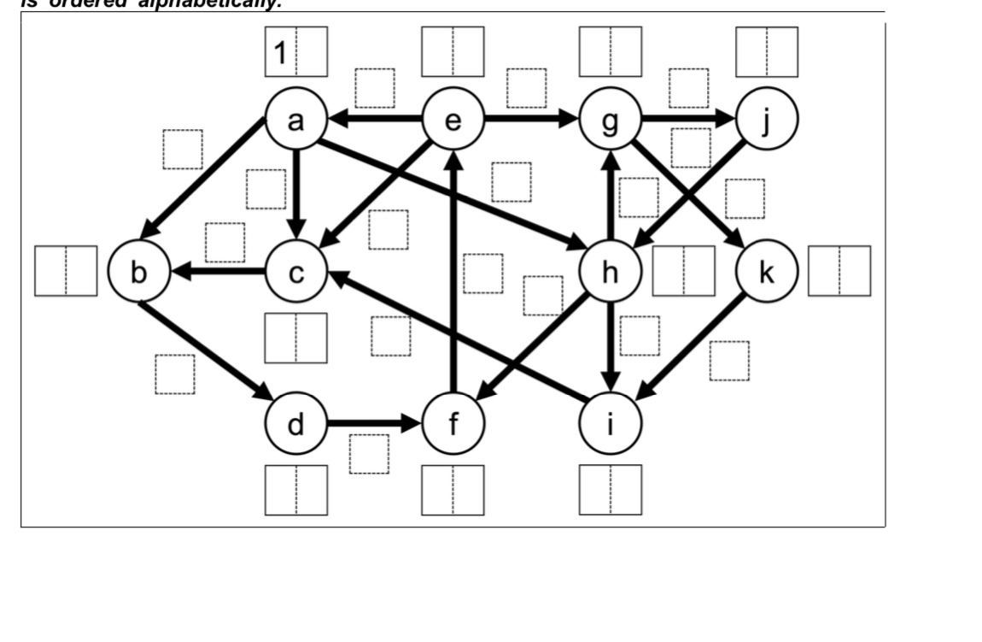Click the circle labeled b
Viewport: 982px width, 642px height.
click(138, 273)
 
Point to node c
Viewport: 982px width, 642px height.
click(295, 273)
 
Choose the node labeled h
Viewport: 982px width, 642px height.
click(610, 273)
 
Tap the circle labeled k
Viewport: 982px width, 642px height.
click(767, 273)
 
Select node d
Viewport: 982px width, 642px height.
click(295, 423)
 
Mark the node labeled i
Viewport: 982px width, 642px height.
click(610, 423)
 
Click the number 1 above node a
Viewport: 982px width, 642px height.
click(279, 52)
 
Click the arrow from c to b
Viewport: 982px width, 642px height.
click(217, 273)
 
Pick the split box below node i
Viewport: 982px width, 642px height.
click(610, 490)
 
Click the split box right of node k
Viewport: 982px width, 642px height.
click(839, 271)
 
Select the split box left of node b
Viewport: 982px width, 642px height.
click(66, 271)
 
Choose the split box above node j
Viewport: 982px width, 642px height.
click(767, 52)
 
